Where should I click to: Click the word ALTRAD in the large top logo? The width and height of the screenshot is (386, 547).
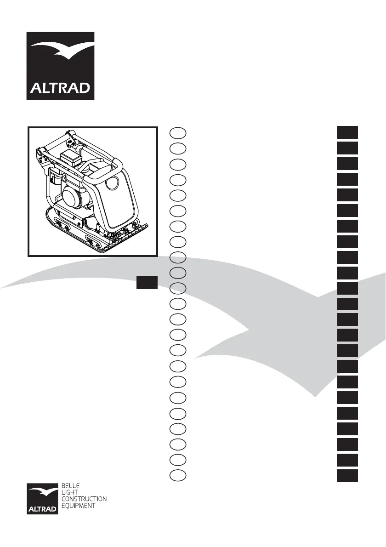coord(60,87)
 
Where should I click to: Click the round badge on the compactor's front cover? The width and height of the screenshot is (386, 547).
coord(111,185)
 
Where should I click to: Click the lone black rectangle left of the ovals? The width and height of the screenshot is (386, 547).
coord(147,282)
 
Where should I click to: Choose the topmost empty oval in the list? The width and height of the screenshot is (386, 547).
coord(178,133)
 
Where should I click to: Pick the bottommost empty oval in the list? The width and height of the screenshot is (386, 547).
coord(178,476)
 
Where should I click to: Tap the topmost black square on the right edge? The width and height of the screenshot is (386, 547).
coord(347,133)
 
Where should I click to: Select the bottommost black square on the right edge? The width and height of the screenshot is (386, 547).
coord(347,476)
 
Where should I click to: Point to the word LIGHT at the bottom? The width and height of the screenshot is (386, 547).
coord(69,492)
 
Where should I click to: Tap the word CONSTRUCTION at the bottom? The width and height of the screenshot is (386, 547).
coord(84,499)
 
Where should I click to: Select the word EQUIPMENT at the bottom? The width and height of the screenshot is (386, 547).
coord(79,506)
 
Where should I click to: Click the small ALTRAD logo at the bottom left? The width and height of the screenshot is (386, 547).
coord(42,499)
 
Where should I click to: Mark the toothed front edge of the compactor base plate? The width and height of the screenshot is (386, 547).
coord(125,239)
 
